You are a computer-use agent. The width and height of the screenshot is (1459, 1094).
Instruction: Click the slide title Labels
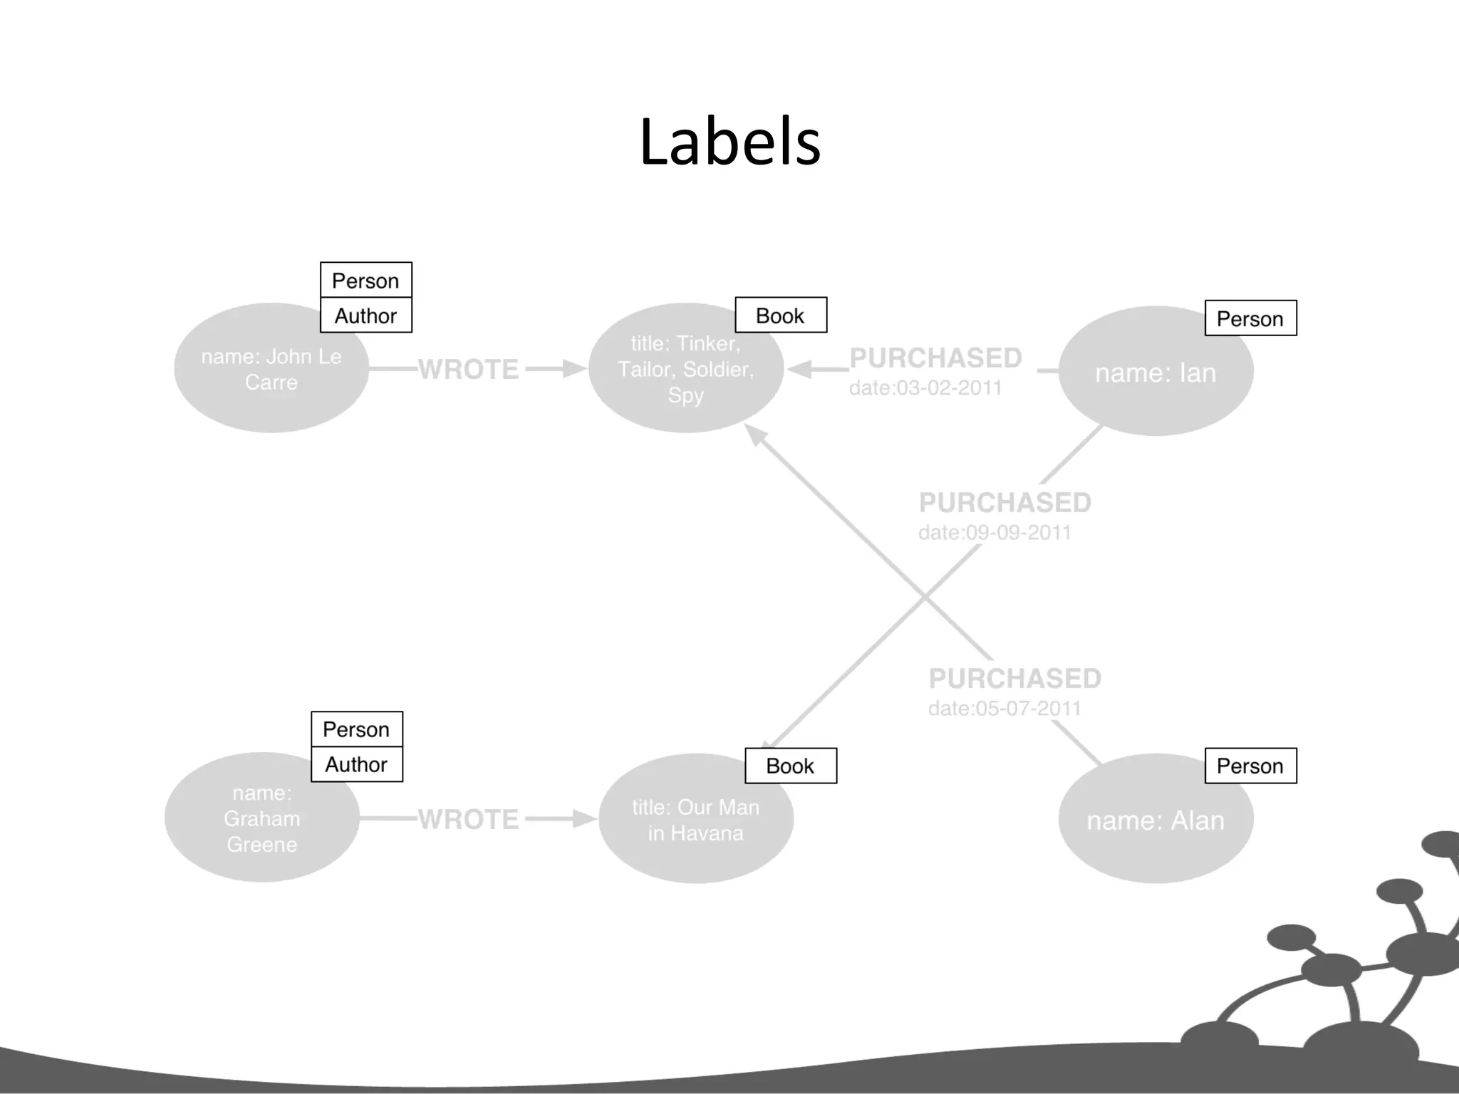pyautogui.click(x=729, y=142)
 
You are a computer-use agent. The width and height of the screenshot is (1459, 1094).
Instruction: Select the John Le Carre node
pyautogui.click(x=271, y=369)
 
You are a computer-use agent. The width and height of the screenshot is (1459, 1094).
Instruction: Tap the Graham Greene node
pyautogui.click(x=261, y=818)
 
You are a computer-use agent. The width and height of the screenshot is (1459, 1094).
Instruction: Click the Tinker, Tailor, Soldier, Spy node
pyautogui.click(x=685, y=369)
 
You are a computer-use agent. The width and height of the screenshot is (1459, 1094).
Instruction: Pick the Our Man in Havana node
pyautogui.click(x=695, y=820)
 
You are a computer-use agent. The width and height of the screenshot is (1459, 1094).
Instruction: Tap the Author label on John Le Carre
pyautogui.click(x=365, y=316)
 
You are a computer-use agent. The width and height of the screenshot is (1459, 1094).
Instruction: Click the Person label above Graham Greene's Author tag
pyautogui.click(x=356, y=729)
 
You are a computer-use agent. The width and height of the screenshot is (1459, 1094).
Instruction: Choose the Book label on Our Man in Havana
pyautogui.click(x=790, y=766)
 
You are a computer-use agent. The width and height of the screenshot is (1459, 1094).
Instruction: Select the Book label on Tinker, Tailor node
pyautogui.click(x=780, y=316)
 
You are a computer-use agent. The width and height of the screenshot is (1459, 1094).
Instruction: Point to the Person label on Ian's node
pyautogui.click(x=1250, y=318)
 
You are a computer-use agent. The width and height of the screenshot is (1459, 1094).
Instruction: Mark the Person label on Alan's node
pyautogui.click(x=1250, y=766)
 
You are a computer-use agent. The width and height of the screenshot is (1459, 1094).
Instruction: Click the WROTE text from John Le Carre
pyautogui.click(x=468, y=369)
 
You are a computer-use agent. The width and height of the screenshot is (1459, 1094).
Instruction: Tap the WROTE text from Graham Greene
pyautogui.click(x=468, y=819)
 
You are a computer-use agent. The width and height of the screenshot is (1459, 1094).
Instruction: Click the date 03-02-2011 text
pyautogui.click(x=925, y=388)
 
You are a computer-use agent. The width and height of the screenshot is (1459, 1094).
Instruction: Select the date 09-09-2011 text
pyautogui.click(x=995, y=533)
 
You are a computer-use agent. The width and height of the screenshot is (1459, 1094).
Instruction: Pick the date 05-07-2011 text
pyautogui.click(x=1004, y=709)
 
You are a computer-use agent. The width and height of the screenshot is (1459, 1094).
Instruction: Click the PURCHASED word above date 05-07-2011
pyautogui.click(x=1014, y=678)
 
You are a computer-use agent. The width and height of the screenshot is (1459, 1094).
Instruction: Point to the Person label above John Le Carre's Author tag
pyautogui.click(x=365, y=281)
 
